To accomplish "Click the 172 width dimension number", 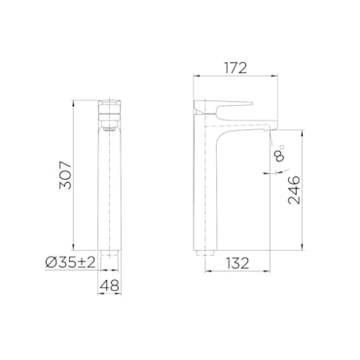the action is coord(235,68).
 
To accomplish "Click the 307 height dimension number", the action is coord(65,175).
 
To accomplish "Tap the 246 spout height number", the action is coord(295,190).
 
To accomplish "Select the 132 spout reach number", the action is coord(237,264).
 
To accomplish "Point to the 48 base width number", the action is coord(110,285).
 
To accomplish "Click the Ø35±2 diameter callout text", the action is coord(71,263).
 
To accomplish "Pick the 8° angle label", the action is coord(280,153).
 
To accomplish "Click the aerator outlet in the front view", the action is coord(110,129).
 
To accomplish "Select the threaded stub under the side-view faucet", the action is coord(204,253).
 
